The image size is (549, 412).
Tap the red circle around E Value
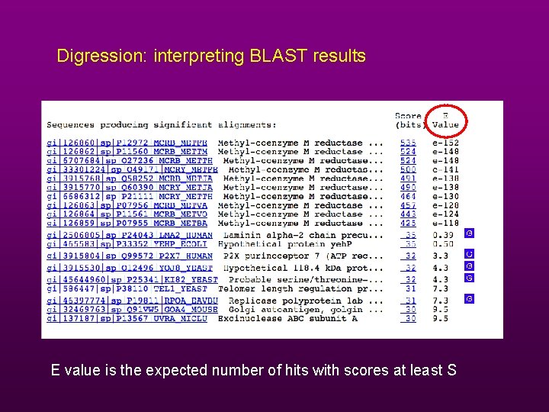tap(445, 121)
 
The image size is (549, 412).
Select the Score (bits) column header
tap(408, 121)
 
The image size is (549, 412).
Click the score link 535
tap(408, 143)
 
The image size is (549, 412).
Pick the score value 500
tap(408, 169)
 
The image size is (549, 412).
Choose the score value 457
tap(408, 205)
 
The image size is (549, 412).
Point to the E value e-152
tap(446, 143)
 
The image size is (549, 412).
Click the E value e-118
tap(446, 224)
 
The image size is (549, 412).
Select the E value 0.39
tap(443, 235)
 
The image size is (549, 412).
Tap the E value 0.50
tap(443, 244)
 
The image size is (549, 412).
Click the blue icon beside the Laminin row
tap(470, 233)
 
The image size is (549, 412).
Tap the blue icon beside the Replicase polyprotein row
tap(470, 299)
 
